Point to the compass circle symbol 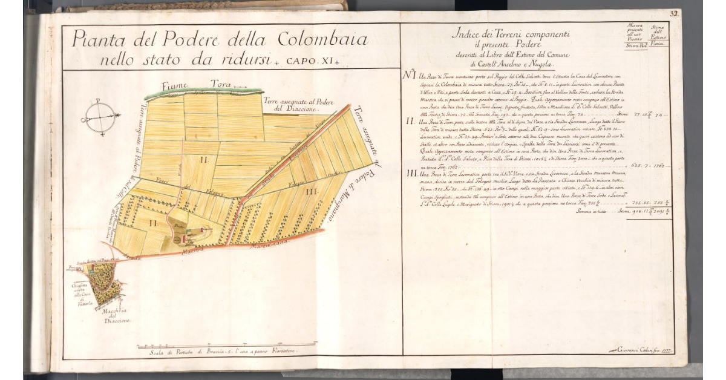click(x=100, y=117)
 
